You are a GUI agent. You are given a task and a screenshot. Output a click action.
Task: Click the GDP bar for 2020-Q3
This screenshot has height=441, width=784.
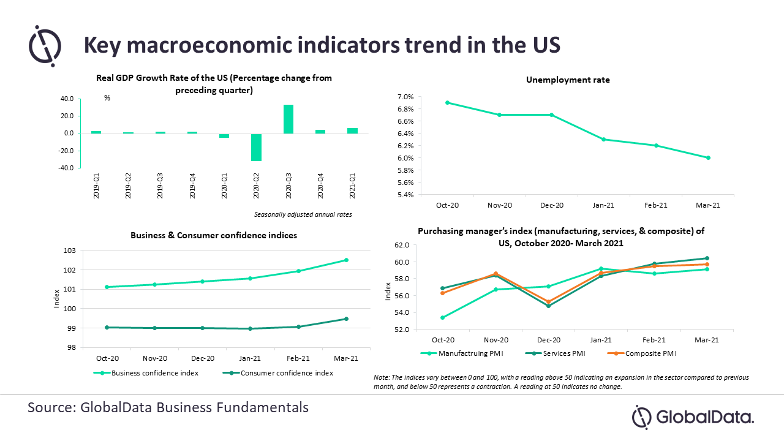tap(288, 119)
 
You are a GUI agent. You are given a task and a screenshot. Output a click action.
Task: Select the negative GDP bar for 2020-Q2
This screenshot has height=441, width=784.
tap(256, 147)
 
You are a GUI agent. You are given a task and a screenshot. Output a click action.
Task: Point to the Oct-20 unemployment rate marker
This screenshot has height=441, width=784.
tap(447, 102)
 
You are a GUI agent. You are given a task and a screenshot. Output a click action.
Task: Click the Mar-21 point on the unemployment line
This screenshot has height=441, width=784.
tap(708, 157)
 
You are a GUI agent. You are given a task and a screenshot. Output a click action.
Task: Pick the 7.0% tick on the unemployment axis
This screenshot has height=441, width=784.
tap(405, 97)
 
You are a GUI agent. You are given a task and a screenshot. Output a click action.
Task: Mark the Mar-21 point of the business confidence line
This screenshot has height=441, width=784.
tap(346, 260)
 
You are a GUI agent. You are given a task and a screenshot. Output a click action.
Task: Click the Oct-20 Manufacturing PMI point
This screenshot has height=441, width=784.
tap(443, 317)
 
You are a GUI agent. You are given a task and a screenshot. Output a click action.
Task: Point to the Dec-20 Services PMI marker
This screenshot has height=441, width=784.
tap(548, 306)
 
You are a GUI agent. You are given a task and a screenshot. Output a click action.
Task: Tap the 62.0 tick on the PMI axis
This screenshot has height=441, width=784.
tap(402, 245)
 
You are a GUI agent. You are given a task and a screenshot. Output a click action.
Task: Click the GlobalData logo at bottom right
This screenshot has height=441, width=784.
tap(693, 417)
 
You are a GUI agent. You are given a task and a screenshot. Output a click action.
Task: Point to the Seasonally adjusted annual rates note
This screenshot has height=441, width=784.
tap(303, 214)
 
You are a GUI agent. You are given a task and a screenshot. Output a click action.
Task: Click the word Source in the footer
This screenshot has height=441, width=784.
tap(51, 407)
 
